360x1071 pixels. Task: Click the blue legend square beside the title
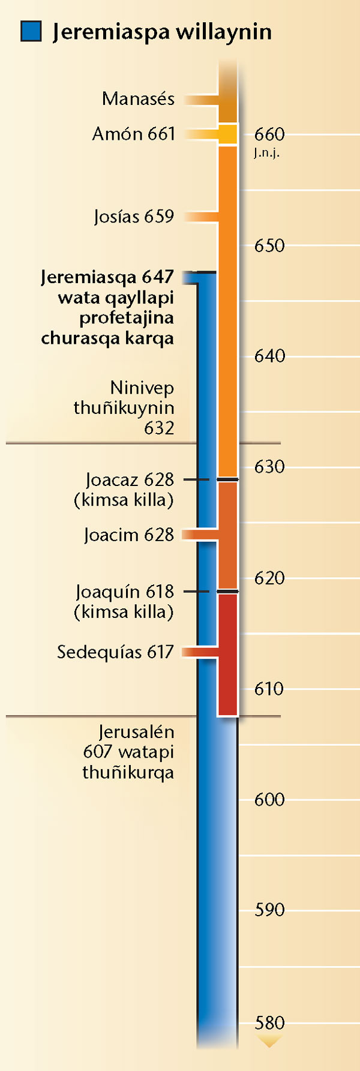point(31,31)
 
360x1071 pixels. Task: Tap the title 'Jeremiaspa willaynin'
point(162,32)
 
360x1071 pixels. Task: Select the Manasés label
point(138,98)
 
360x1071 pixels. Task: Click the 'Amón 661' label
point(133,134)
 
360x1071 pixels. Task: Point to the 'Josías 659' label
point(134,216)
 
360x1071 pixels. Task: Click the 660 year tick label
point(269,134)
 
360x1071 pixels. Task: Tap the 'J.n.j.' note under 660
point(266,153)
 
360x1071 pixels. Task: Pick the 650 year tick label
point(269,245)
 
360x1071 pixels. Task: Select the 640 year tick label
point(269,356)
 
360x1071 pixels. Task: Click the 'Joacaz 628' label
point(130,480)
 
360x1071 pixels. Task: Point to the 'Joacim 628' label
point(129,535)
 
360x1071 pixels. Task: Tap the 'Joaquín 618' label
point(125,592)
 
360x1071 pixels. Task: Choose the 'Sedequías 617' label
point(115,652)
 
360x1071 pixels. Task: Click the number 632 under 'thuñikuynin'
point(159,428)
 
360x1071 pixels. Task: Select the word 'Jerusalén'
point(136,732)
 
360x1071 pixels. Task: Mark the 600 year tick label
point(269,799)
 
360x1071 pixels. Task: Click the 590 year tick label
point(269,910)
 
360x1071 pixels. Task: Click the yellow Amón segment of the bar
point(228,134)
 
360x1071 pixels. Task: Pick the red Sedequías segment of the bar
point(228,654)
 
